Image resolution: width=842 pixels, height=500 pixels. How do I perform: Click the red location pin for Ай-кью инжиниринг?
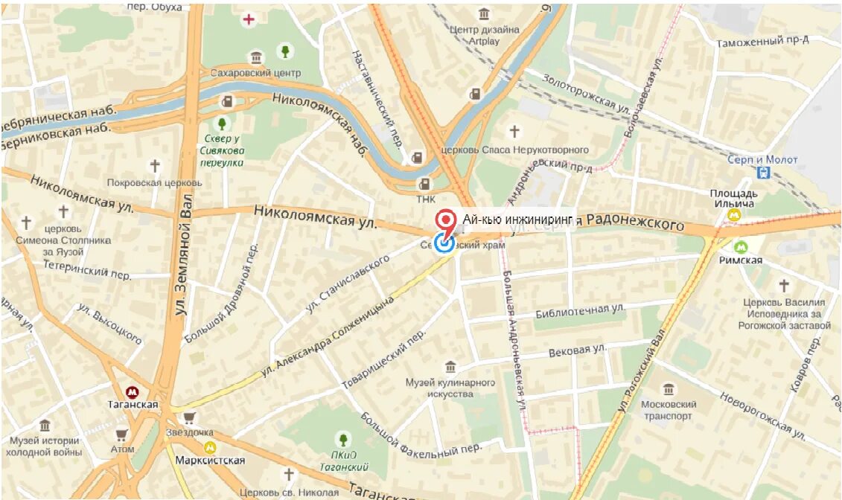[446, 220]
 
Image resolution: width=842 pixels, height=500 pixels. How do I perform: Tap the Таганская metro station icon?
[133, 391]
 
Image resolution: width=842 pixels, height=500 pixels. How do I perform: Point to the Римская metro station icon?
[741, 247]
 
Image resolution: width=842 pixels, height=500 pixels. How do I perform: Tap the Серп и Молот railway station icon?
[763, 173]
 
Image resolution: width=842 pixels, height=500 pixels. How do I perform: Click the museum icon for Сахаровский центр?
[256, 58]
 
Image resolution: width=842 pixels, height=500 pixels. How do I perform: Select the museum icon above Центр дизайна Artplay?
[485, 13]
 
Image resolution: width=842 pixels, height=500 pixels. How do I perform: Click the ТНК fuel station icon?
[424, 184]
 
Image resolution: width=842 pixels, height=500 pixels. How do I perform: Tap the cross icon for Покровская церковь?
[155, 166]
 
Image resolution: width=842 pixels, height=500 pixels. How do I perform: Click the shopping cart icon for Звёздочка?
[190, 418]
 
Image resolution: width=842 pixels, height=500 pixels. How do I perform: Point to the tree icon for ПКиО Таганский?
[342, 439]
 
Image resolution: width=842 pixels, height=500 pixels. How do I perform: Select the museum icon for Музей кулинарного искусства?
[450, 367]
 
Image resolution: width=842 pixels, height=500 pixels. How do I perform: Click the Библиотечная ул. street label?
[580, 311]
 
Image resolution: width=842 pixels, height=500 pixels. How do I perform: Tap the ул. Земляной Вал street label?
[183, 253]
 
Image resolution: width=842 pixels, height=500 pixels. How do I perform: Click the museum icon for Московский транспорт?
[668, 388]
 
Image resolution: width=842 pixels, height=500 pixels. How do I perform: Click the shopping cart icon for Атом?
[121, 435]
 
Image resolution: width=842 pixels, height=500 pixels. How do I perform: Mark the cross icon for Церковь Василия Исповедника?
[783, 285]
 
